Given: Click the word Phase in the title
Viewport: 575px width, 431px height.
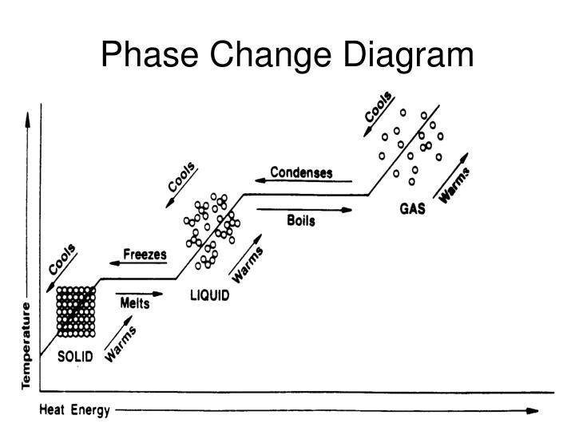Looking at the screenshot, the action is (149, 54).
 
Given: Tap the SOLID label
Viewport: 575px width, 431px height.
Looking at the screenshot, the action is (75, 356).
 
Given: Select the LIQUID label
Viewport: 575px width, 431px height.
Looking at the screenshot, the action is (210, 295).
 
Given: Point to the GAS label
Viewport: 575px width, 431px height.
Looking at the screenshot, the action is (413, 208).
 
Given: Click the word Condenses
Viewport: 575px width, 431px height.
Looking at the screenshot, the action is (301, 172).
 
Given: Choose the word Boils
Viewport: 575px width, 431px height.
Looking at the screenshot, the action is (301, 220).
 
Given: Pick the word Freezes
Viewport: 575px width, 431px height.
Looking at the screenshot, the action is (145, 254).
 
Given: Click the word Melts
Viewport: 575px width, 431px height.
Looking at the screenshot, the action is (135, 303).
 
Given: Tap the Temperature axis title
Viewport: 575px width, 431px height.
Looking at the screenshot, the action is (26, 346).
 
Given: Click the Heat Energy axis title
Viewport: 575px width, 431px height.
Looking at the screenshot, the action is (75, 410).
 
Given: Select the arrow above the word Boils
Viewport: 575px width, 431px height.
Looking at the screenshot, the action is (304, 210).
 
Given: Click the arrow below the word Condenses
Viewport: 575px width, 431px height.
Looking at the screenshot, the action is (303, 180).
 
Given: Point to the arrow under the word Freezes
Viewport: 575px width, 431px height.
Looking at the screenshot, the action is (138, 263).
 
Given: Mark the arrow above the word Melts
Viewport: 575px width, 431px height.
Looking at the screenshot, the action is (139, 294).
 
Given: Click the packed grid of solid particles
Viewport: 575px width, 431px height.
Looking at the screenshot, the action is (76, 312).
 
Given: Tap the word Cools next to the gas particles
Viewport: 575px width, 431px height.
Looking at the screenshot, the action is (379, 107).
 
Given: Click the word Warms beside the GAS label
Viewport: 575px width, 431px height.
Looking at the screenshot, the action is (454, 185).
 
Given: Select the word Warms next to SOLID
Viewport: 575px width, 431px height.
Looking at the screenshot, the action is (121, 344).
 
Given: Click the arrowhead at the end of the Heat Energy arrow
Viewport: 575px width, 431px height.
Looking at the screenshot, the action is (533, 411).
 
